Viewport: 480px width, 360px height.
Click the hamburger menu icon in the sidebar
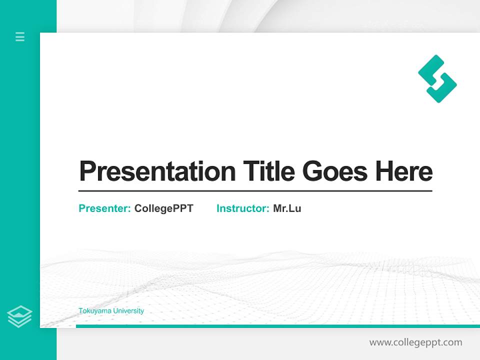tap(20, 36)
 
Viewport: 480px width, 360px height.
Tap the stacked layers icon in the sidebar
tap(19, 316)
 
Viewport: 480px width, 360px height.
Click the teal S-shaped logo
tap(437, 79)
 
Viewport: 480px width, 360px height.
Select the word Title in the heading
tap(269, 171)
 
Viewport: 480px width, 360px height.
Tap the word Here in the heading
tap(404, 171)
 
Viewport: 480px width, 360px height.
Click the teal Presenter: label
tap(104, 208)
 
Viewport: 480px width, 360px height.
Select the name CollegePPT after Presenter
tap(163, 208)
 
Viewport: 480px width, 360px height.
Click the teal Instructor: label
tap(242, 208)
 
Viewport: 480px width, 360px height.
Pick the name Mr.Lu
tap(287, 208)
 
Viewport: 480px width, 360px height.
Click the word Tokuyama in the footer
tap(94, 311)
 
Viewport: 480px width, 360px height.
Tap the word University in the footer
tap(128, 311)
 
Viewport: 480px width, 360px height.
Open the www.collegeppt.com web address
tap(415, 342)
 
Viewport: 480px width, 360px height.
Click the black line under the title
tap(255, 191)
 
